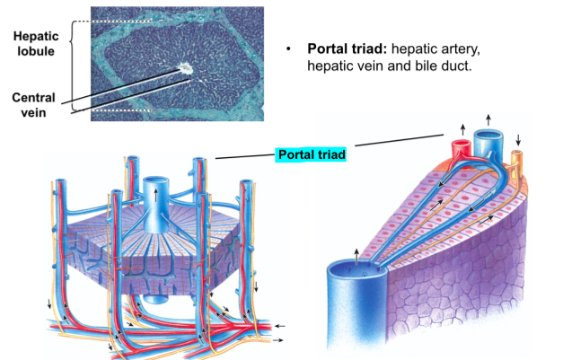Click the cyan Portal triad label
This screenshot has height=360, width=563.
(310, 155)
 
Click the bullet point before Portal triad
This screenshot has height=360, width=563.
(289, 48)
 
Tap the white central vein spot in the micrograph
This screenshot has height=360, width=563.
(186, 66)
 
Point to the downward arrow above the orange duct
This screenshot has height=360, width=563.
(519, 139)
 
